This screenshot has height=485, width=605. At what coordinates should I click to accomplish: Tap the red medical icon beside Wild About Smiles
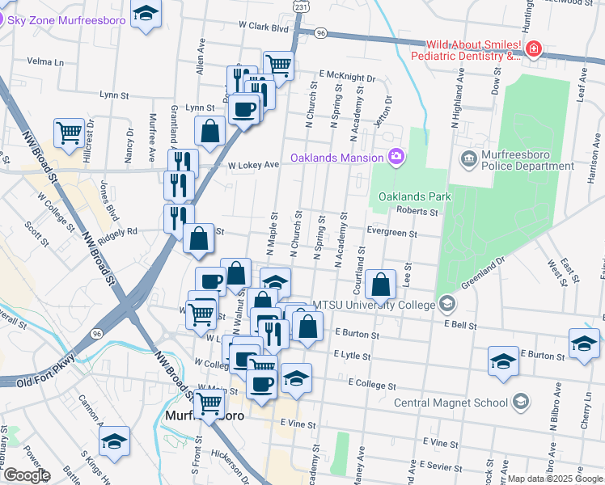coord(533,50)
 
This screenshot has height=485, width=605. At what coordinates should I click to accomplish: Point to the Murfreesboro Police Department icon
coord(467,157)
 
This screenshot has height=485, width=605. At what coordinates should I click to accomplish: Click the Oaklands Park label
coord(415,196)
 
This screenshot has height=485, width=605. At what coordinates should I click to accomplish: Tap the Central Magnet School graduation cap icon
coord(522,402)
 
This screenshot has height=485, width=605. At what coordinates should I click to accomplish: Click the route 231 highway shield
coord(301,6)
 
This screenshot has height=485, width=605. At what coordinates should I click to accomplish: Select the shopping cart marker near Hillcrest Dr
coord(70,132)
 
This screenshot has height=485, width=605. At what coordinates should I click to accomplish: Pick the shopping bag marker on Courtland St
coord(380,285)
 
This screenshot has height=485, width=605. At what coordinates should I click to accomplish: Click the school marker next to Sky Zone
coord(146,15)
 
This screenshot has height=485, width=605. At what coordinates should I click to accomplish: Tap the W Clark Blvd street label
coord(264,27)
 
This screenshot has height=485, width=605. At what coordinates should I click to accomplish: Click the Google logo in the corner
coord(26,475)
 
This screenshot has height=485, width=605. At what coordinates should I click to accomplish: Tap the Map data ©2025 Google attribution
coord(555,479)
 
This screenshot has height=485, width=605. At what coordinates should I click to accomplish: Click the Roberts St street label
coord(417,212)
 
